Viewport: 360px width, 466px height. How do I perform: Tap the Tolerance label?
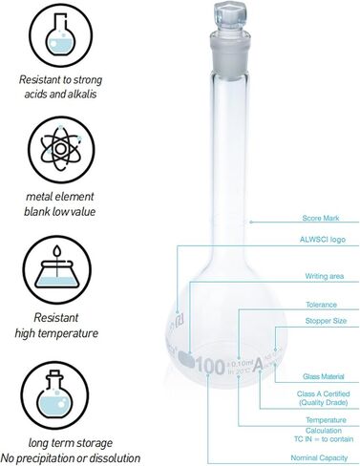[320, 305]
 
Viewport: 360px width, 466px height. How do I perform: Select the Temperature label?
[319, 419]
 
